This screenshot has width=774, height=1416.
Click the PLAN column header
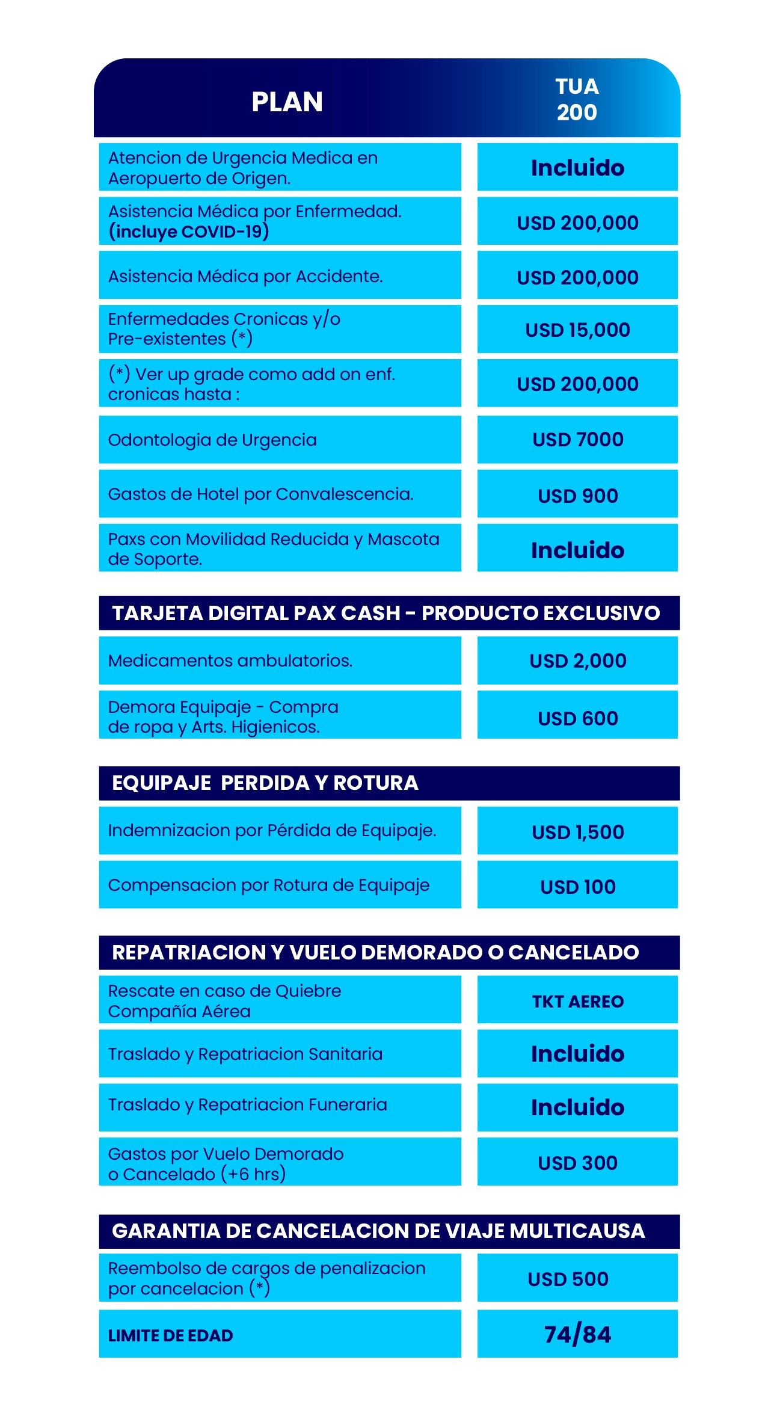[287, 102]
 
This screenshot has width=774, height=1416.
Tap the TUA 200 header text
[577, 99]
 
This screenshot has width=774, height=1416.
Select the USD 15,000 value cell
[577, 330]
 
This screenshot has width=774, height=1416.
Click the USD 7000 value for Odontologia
[577, 440]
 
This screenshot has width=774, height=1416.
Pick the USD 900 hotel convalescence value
[577, 496]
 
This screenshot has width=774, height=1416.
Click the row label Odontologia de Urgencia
[212, 440]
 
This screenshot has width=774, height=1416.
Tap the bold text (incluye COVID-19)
[188, 232]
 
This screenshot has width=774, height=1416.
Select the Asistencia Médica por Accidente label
[245, 276]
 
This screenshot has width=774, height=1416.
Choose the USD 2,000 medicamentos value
[577, 660]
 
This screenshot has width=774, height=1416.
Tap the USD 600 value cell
[577, 718]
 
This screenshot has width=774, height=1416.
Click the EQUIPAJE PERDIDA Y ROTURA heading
[265, 783]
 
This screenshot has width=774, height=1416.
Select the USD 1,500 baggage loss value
[577, 832]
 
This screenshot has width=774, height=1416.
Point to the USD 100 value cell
[577, 887]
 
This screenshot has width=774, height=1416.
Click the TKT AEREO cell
[577, 1002]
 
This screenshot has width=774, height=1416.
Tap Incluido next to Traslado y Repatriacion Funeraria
[577, 1107]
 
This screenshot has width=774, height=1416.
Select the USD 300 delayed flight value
[577, 1163]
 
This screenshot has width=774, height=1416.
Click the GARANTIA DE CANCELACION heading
[378, 1231]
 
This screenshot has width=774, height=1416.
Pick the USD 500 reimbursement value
[568, 1279]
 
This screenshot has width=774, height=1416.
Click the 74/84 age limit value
[577, 1335]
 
